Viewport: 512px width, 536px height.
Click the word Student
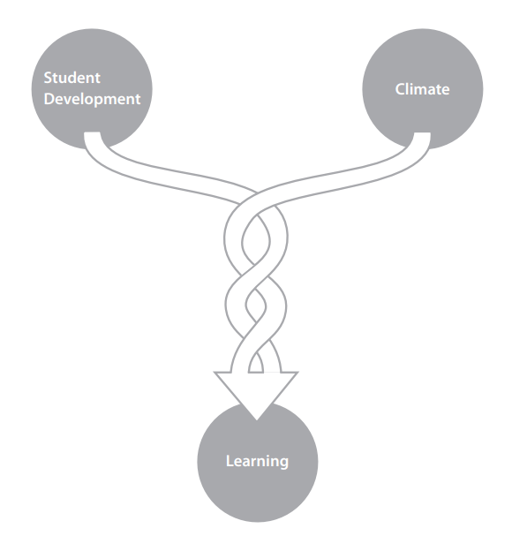point(72,78)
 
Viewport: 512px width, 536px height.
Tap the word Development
point(93,100)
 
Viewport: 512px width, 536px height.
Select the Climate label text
point(423,89)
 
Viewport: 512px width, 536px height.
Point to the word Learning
point(258,462)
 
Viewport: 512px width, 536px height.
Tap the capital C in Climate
point(401,89)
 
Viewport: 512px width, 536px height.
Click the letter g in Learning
point(283,464)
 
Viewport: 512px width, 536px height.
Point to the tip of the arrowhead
point(257,419)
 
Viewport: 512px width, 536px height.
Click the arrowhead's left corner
point(215,373)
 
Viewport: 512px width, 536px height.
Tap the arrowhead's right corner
point(298,373)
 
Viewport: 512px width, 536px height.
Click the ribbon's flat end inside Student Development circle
point(93,132)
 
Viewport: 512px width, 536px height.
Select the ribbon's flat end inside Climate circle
point(422,133)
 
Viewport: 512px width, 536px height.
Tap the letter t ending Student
point(97,79)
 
